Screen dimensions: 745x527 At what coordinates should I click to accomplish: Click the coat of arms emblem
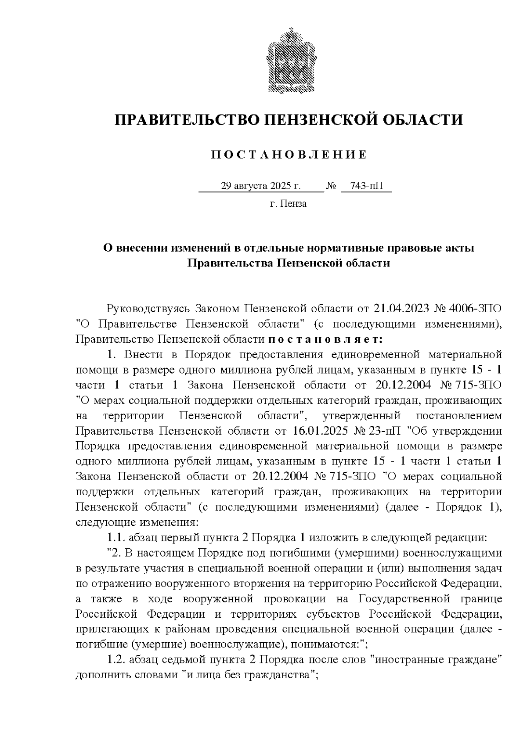point(289,61)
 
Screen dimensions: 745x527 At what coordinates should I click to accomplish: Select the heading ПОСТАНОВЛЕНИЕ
point(289,155)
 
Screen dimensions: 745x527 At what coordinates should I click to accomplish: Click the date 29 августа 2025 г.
point(261,186)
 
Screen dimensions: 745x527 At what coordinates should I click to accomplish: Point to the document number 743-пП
point(366,186)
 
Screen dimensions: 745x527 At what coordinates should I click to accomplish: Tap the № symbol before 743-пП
point(332,186)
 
